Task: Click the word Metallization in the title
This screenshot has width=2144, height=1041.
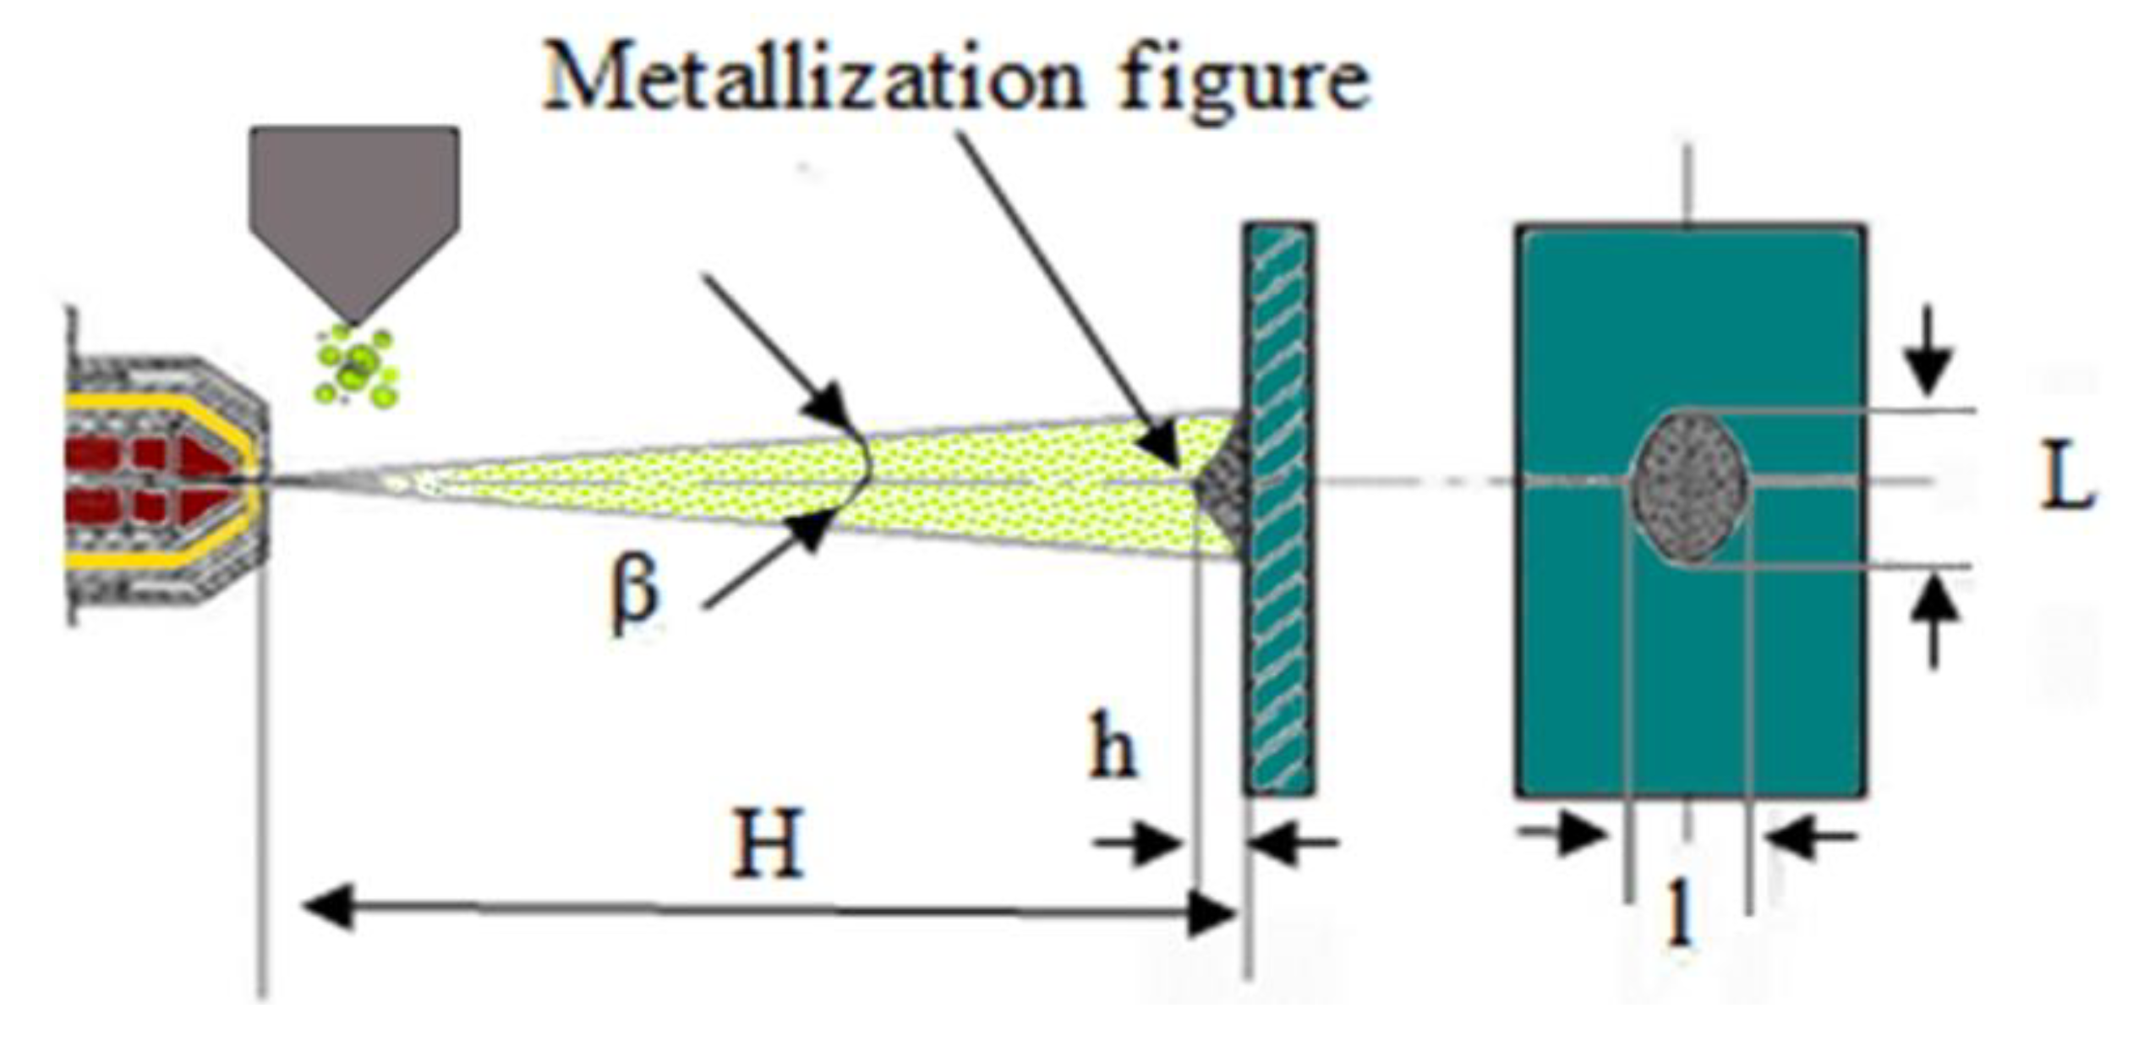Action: point(812,80)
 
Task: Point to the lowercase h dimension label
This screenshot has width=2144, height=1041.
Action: point(1112,745)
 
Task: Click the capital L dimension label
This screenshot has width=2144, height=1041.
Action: point(2066,481)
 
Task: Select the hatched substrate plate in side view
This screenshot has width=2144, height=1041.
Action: point(1279,507)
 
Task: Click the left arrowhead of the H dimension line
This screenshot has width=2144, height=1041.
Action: point(325,909)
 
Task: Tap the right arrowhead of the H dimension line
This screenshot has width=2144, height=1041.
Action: point(1213,913)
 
